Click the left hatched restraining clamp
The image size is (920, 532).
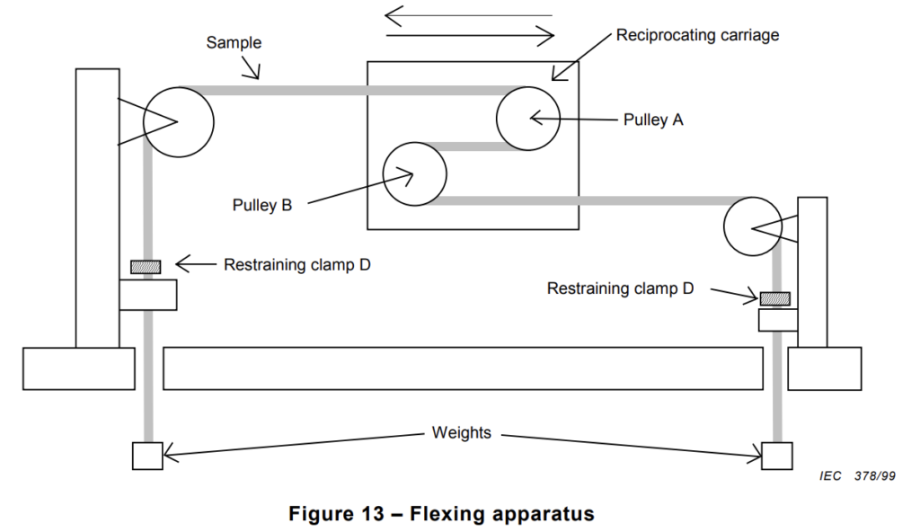tap(146, 267)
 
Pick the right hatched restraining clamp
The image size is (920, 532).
tap(775, 298)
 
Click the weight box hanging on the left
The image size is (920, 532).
tap(147, 457)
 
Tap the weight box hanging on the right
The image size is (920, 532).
tap(777, 457)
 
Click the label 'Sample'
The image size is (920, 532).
tap(234, 43)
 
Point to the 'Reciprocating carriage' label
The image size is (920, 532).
tap(697, 35)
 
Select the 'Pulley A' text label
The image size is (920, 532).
tap(653, 120)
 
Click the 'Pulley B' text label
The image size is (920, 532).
tap(262, 205)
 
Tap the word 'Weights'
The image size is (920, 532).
tap(461, 433)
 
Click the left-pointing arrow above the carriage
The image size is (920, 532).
tap(468, 16)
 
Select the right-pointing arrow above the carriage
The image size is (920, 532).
tap(470, 37)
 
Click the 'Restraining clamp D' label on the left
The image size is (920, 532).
tap(296, 265)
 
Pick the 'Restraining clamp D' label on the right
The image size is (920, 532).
tap(620, 288)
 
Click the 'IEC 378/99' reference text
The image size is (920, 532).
tap(857, 475)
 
